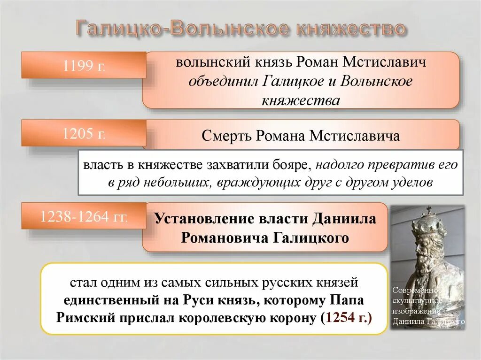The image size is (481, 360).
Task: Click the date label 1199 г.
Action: (84, 66)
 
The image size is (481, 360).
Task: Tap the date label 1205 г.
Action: (84, 134)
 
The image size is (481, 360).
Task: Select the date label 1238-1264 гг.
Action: (84, 217)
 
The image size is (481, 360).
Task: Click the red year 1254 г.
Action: (349, 318)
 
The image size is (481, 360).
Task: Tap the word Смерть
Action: (227, 136)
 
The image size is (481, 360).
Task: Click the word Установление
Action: (204, 219)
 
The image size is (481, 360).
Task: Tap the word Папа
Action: (347, 300)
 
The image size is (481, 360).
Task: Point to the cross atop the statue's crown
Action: (428, 210)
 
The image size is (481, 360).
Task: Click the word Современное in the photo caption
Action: (417, 291)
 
